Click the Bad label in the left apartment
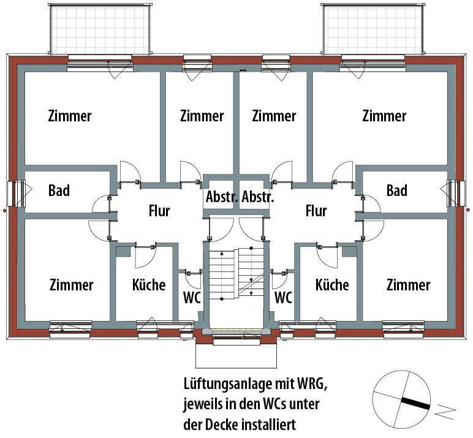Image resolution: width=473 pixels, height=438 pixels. (59, 191)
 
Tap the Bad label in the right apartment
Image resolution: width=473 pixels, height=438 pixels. (396, 191)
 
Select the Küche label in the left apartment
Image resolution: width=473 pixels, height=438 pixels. (149, 285)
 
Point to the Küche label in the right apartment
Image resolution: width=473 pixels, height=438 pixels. (332, 285)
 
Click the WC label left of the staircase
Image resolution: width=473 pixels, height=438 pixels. (191, 298)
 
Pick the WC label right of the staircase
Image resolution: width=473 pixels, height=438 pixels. (283, 298)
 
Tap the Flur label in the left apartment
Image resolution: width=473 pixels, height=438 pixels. (159, 211)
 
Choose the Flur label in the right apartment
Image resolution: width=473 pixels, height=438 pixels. (316, 211)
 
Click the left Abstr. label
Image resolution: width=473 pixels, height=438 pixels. (221, 198)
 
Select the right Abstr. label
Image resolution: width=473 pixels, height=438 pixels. (258, 198)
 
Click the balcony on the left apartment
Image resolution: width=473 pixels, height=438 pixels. (100, 30)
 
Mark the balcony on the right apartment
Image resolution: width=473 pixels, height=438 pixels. (372, 30)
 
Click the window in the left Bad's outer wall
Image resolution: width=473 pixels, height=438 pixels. (17, 192)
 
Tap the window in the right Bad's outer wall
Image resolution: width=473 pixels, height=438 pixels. (456, 192)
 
